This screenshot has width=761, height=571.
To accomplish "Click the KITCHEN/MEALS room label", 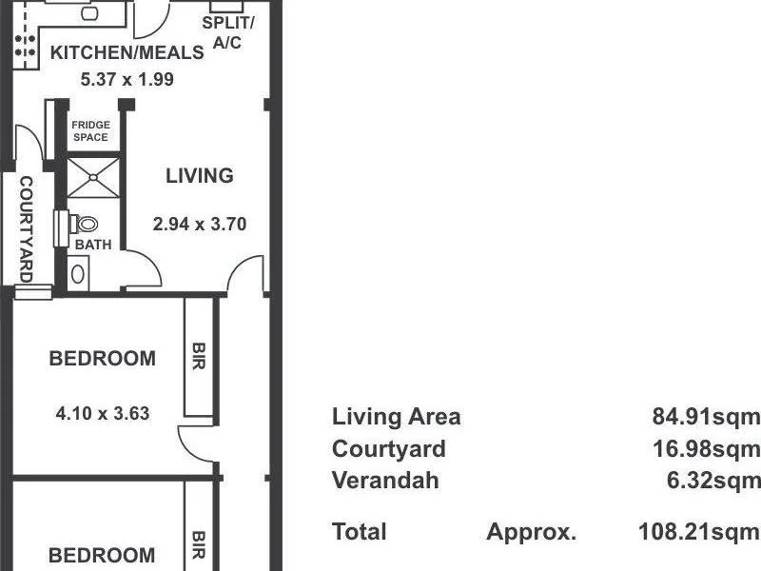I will [x=127, y=52].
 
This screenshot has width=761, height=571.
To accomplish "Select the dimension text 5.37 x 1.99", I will [x=127, y=80].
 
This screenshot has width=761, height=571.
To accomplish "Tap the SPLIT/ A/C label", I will [x=227, y=31].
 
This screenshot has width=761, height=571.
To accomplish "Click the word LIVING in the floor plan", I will [x=199, y=176].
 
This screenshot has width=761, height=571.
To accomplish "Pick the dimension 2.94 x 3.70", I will [x=200, y=225].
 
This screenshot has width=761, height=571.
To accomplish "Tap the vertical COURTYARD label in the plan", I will [x=26, y=228].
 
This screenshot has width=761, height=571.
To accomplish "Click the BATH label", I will [x=93, y=245].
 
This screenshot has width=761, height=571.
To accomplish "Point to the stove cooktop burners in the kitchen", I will [x=26, y=48].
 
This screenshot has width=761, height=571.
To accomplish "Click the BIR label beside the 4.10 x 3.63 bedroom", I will [x=199, y=357].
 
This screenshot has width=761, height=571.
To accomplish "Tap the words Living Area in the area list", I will [x=396, y=416].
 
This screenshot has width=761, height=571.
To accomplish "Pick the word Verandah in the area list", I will [x=385, y=481].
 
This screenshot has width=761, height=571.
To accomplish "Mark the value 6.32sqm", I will [x=713, y=481].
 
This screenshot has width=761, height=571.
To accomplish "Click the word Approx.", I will [x=531, y=532].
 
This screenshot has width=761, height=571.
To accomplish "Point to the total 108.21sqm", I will [x=699, y=532].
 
